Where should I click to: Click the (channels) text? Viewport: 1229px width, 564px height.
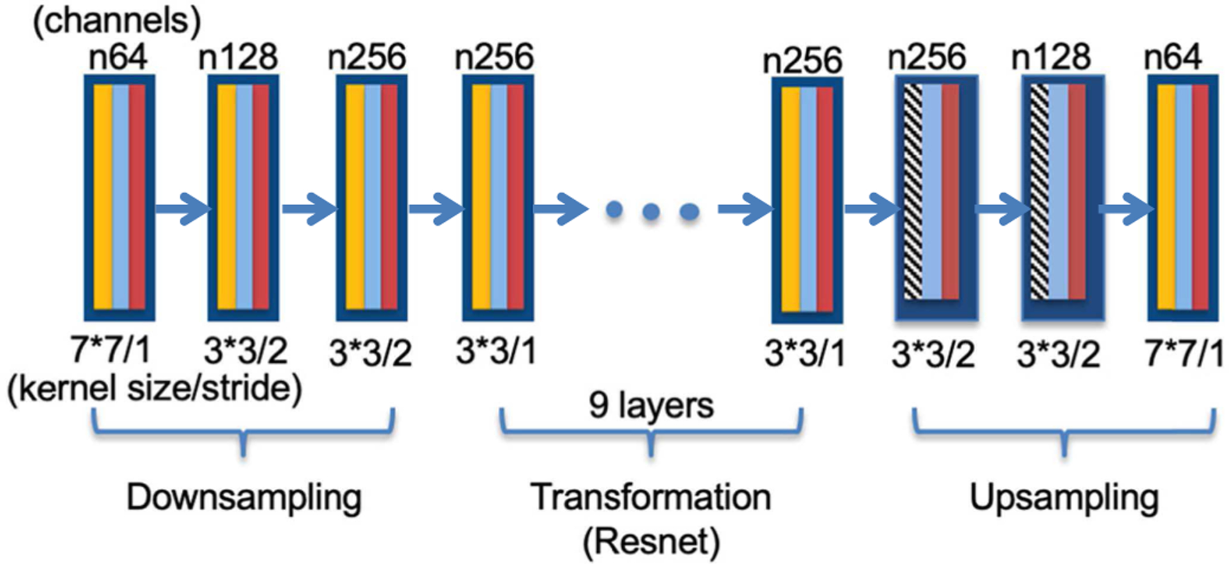click(x=116, y=20)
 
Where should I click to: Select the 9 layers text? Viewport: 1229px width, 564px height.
click(x=651, y=405)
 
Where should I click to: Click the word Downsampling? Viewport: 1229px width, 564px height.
click(x=244, y=497)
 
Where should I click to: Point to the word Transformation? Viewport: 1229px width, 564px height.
click(x=651, y=497)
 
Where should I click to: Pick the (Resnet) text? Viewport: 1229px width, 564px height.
click(x=651, y=541)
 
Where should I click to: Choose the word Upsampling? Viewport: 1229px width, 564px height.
click(x=1064, y=497)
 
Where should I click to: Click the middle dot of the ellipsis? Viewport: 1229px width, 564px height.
click(x=651, y=210)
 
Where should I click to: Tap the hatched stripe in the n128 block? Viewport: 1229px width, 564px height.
click(x=1039, y=192)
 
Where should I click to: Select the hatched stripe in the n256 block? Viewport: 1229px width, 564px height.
click(x=912, y=192)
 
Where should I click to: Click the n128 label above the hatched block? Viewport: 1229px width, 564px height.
click(x=1050, y=58)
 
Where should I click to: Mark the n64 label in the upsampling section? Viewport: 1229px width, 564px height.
click(x=1173, y=58)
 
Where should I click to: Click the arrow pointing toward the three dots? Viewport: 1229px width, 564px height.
click(x=559, y=208)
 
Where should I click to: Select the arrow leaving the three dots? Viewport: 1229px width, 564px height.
click(x=744, y=208)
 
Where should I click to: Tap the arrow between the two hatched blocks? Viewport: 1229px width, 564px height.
click(x=1000, y=208)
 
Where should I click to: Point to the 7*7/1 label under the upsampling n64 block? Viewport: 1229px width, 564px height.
click(x=1184, y=353)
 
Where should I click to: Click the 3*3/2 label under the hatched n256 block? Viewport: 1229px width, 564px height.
click(x=933, y=353)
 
